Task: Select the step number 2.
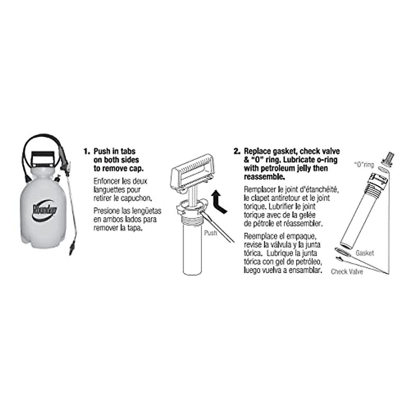pos(237,151)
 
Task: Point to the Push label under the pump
pos(210,233)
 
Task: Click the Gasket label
pos(365,253)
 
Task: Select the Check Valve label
pos(347,272)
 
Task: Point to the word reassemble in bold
pos(263,177)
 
